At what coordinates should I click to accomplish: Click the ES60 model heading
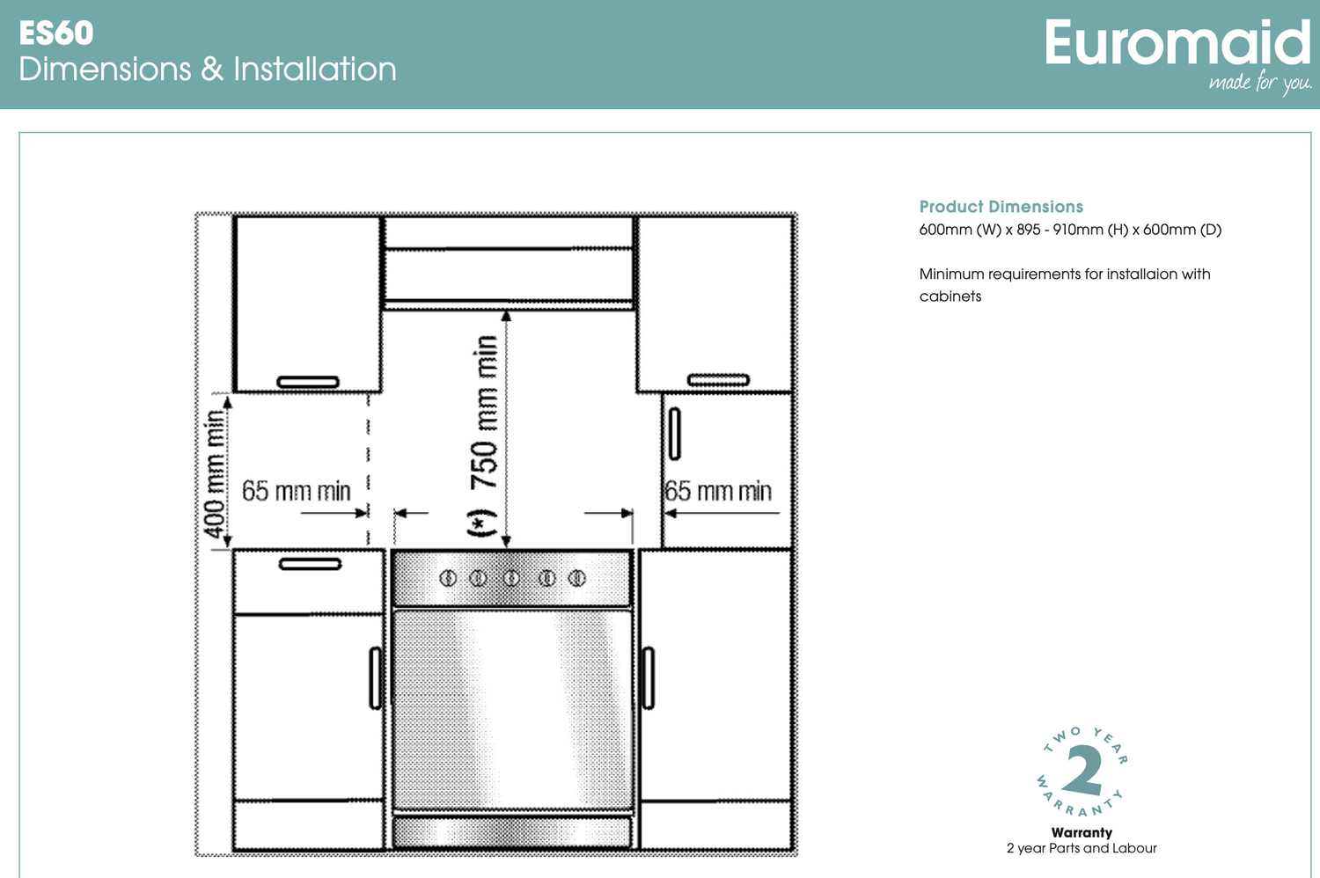(56, 33)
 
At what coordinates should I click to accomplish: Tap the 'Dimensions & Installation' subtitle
(208, 69)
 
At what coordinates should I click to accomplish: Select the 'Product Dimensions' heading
(1001, 207)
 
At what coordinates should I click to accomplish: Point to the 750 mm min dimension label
(484, 413)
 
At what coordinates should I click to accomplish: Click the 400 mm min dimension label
(215, 474)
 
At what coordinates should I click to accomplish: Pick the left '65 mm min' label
(296, 491)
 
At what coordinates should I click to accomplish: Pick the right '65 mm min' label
(718, 491)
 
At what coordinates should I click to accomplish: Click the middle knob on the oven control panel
(511, 578)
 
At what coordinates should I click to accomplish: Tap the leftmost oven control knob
(448, 578)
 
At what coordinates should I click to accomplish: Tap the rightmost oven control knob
(577, 578)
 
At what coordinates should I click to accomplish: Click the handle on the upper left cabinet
(308, 382)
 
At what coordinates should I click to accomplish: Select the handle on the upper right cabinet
(718, 380)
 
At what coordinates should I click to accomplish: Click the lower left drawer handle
(310, 564)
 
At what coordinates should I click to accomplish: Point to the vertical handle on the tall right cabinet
(675, 434)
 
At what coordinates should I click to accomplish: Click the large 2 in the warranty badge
(1082, 770)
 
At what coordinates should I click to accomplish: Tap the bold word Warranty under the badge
(1082, 832)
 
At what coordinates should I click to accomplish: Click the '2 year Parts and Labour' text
(1082, 849)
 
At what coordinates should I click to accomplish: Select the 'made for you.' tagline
(1260, 82)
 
